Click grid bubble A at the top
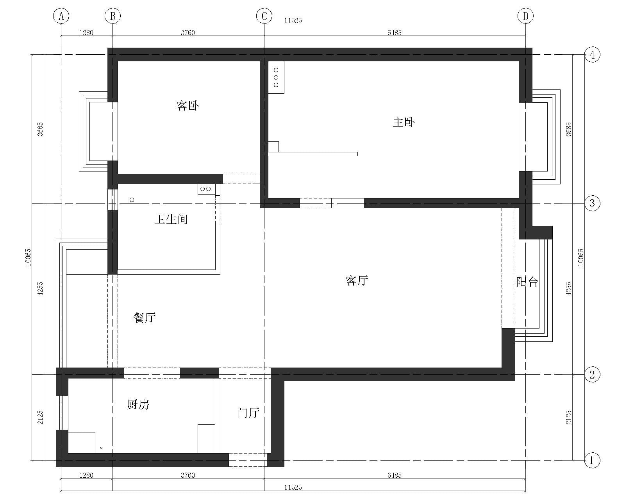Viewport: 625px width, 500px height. coord(61,16)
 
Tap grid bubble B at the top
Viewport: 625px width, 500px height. coord(112,16)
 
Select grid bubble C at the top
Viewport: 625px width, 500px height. coord(264,16)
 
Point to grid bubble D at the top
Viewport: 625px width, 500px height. coord(525,16)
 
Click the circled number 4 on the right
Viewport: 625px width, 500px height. coord(592,55)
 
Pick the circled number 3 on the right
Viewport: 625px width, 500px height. coord(592,203)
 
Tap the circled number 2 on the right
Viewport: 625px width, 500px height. coord(592,375)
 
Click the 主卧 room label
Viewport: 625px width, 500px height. coord(404,122)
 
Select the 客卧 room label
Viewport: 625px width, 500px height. coord(187,105)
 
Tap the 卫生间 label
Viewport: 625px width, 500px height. coord(171,220)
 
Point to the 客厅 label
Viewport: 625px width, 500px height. coord(357,280)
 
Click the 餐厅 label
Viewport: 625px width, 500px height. coord(145,318)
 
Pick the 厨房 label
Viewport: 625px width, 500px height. coord(138,404)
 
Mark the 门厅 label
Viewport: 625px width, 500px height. coord(248,412)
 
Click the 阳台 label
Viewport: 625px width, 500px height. coord(527,282)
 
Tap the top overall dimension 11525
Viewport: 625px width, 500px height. coord(293,21)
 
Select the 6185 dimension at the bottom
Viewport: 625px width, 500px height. coord(395,475)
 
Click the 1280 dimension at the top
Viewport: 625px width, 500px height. coord(86,33)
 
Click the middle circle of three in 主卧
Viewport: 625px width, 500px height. coord(276,78)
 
